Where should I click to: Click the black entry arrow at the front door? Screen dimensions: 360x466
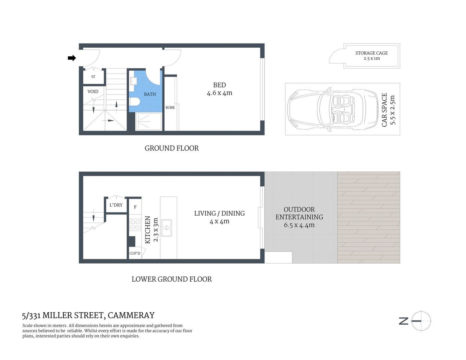click(x=72, y=58)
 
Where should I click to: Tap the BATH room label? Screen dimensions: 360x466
click(x=150, y=94)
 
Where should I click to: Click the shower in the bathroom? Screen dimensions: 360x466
click(x=149, y=121)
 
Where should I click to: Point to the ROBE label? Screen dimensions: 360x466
click(x=170, y=108)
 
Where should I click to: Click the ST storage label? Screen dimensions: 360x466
click(x=93, y=77)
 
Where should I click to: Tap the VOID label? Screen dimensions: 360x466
click(x=93, y=91)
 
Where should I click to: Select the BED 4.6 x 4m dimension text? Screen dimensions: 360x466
click(x=219, y=93)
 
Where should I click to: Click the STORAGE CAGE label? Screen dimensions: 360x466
click(x=371, y=53)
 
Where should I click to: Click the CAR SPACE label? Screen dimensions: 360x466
click(x=384, y=109)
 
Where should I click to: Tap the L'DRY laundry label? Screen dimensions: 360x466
click(x=116, y=205)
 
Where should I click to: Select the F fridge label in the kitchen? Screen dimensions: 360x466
click(x=135, y=207)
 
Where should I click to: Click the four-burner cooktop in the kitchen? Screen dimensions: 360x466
click(x=135, y=225)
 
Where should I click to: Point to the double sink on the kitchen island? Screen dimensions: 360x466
click(x=166, y=228)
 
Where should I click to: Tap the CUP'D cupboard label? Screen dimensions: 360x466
click(x=135, y=253)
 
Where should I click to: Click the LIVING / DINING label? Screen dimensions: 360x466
click(x=219, y=213)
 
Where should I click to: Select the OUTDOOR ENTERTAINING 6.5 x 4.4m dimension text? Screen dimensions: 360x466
click(x=299, y=225)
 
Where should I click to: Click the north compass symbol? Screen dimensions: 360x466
click(x=421, y=321)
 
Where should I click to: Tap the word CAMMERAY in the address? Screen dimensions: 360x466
click(x=131, y=315)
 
